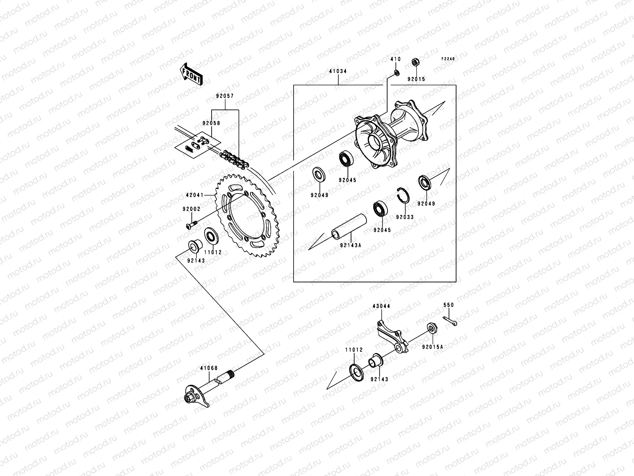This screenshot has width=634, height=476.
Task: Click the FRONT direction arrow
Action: (197, 74)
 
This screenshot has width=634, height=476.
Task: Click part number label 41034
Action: (338, 71)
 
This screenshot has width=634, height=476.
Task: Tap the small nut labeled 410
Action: (396, 73)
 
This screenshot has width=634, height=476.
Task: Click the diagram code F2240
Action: (449, 59)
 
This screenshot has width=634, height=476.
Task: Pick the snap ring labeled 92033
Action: (403, 194)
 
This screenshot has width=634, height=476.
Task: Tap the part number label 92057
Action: (225, 96)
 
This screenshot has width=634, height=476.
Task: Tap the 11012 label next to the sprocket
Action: (213, 252)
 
